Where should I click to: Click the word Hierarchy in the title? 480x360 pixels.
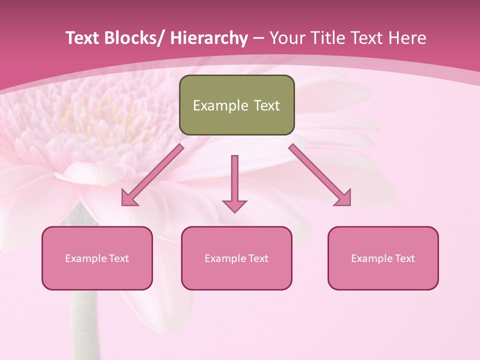click(x=209, y=38)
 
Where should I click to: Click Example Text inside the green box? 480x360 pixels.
click(x=236, y=105)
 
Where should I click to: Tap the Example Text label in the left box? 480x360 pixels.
click(x=97, y=258)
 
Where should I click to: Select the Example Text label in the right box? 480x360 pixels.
click(x=383, y=258)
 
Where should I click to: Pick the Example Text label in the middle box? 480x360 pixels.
click(x=236, y=258)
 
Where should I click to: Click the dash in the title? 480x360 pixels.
click(x=258, y=38)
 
